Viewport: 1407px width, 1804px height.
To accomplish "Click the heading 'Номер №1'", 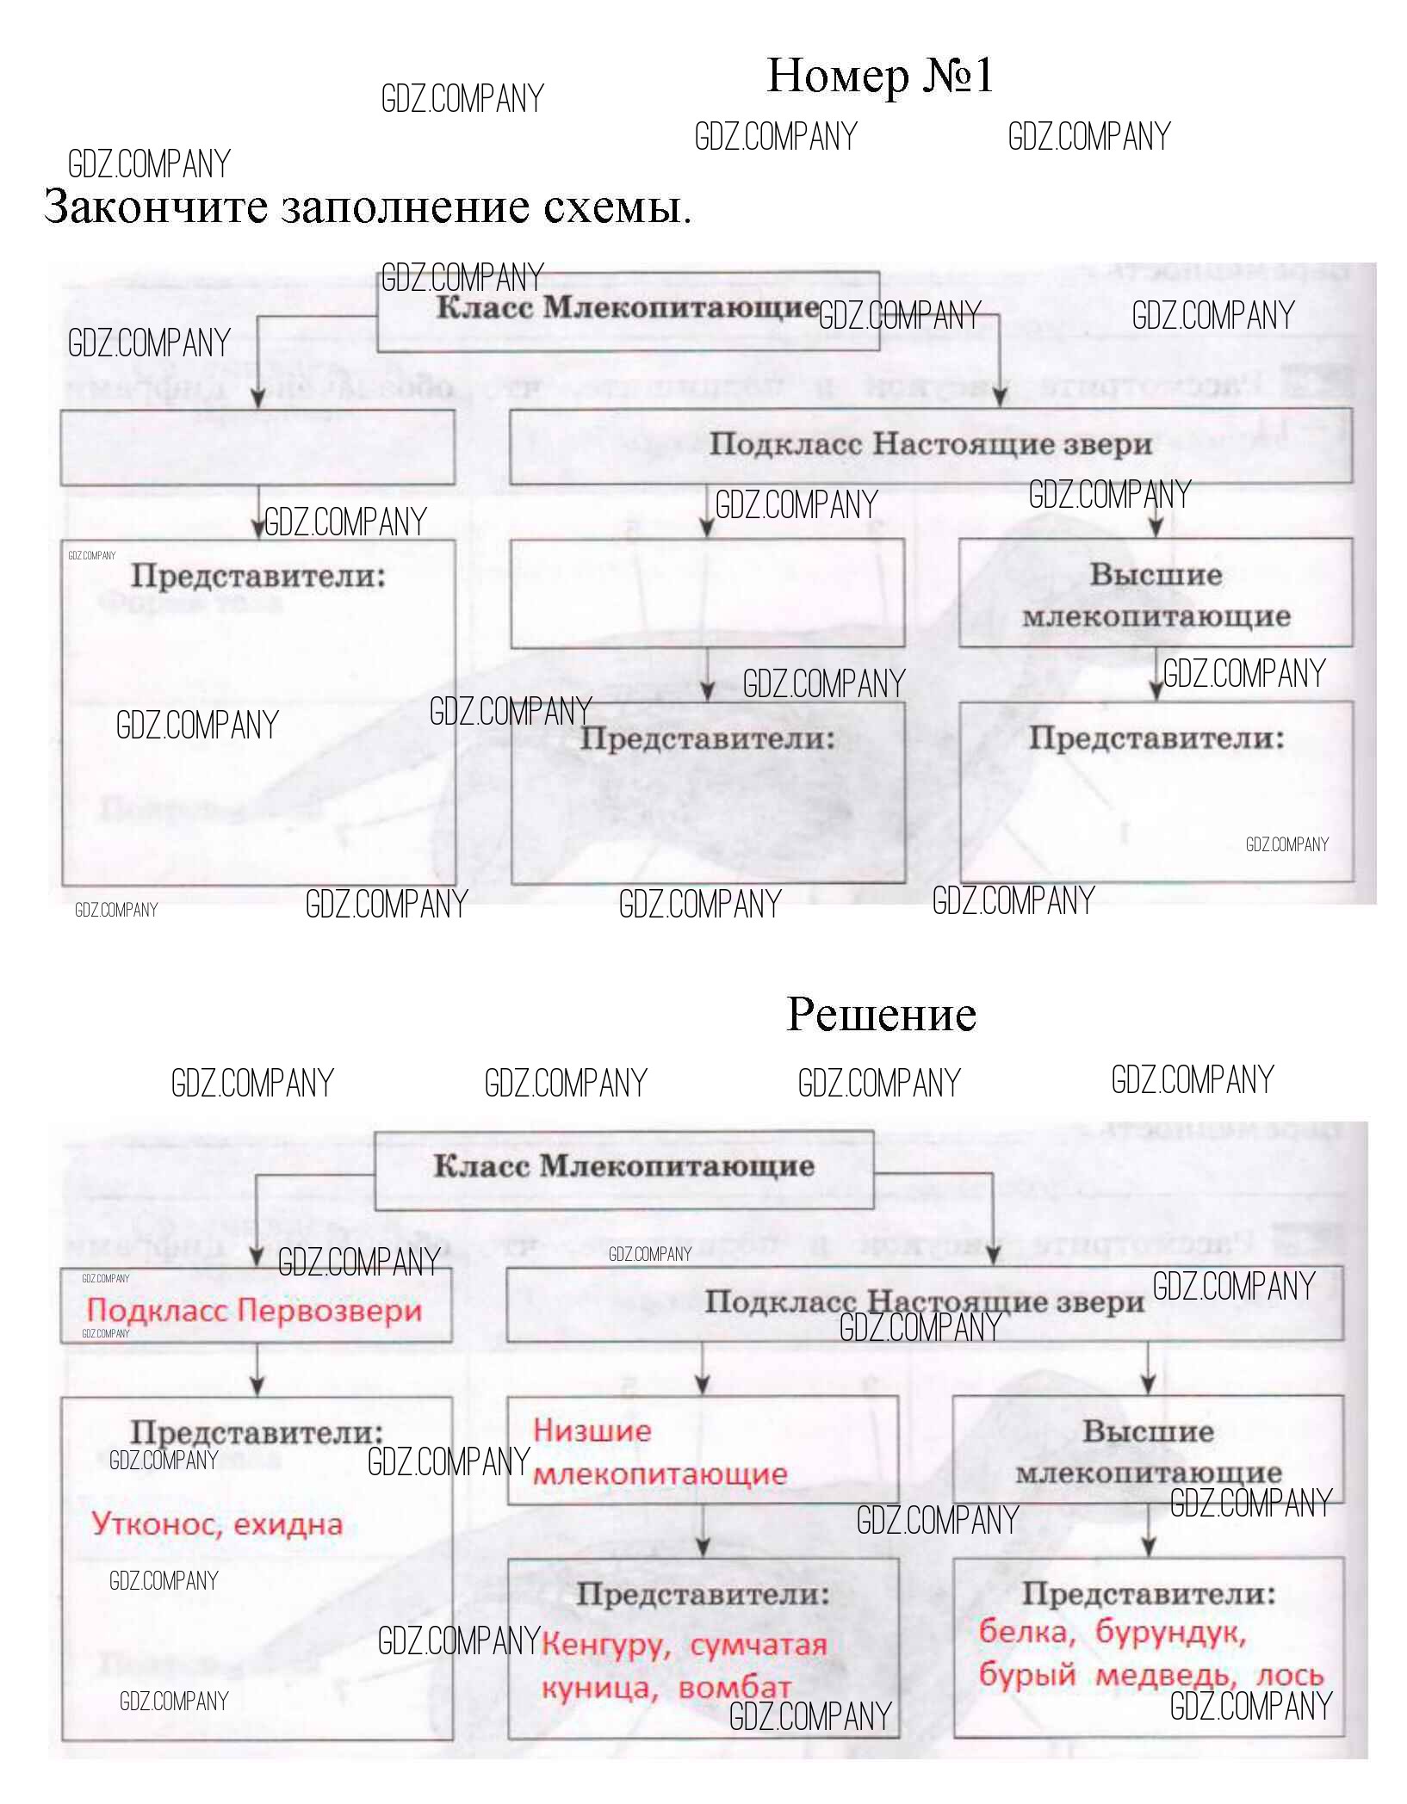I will pyautogui.click(x=879, y=76).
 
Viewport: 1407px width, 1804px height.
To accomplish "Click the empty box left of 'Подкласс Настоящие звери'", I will pyautogui.click(x=257, y=447).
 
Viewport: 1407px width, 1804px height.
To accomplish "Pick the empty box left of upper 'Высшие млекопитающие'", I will pyautogui.click(x=707, y=593).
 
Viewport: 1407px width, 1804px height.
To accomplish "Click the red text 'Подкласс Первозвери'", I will pyautogui.click(x=254, y=1311).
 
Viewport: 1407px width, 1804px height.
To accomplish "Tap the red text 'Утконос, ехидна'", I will pyautogui.click(x=217, y=1523).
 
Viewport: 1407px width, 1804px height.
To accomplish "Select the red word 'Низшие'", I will pyautogui.click(x=592, y=1431).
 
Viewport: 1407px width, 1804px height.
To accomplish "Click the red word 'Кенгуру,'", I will pyautogui.click(x=606, y=1645).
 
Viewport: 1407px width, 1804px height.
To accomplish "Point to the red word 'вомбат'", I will pyautogui.click(x=734, y=1688).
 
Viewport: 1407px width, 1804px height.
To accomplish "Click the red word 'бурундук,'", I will pyautogui.click(x=1170, y=1632).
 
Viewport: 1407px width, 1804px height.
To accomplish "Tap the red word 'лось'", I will pyautogui.click(x=1289, y=1675).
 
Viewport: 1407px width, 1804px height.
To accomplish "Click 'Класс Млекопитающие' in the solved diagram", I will pyautogui.click(x=623, y=1166).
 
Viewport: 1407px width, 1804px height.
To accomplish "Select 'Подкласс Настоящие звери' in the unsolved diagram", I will pyautogui.click(x=930, y=445).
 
